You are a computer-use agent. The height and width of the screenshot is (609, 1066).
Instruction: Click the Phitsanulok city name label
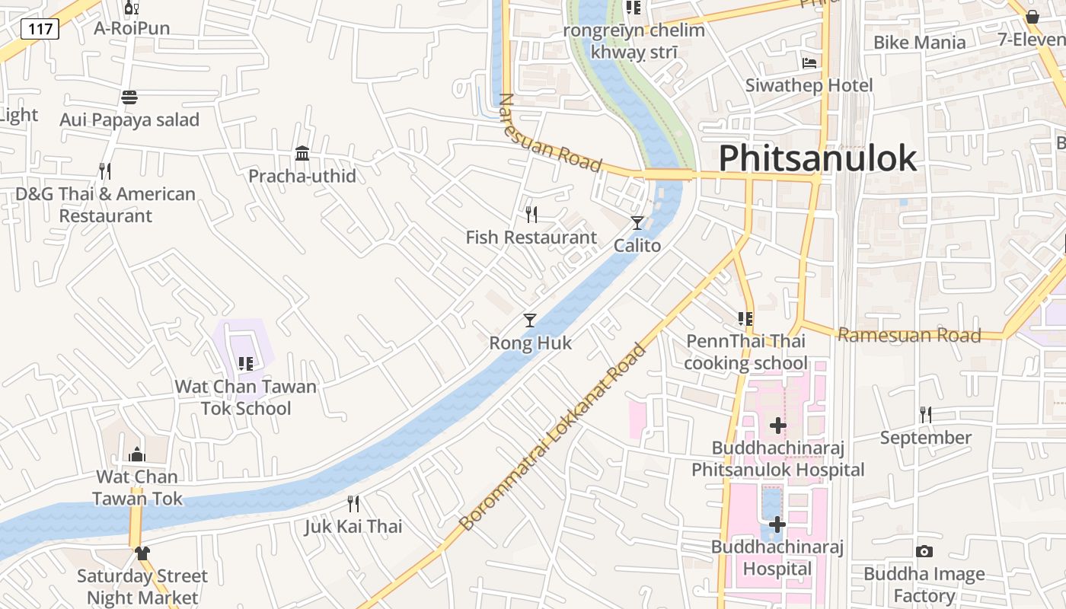[x=818, y=158]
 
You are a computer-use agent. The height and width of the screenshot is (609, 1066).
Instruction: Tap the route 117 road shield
[x=40, y=30]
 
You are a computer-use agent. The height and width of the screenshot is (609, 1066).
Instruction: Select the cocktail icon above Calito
[x=637, y=223]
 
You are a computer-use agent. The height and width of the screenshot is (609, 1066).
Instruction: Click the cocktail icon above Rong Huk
[x=530, y=320]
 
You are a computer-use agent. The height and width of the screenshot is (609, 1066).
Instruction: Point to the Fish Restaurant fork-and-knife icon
[x=531, y=215]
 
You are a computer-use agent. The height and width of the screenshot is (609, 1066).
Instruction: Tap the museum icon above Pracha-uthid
[x=302, y=154]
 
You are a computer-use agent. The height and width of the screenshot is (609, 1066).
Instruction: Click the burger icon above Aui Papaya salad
[x=129, y=97]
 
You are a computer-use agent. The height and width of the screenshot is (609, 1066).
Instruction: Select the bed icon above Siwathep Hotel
[x=809, y=63]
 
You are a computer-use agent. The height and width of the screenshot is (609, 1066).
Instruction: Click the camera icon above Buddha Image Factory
[x=924, y=551]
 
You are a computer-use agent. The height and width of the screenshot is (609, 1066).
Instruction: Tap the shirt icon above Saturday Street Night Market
[x=142, y=553]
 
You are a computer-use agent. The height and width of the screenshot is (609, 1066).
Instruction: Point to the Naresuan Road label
[x=549, y=134]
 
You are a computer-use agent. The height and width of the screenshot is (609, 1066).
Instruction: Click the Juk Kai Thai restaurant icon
[x=353, y=504]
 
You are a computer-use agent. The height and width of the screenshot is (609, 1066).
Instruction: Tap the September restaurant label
[x=926, y=438]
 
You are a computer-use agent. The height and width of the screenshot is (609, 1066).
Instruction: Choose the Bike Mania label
[x=920, y=43]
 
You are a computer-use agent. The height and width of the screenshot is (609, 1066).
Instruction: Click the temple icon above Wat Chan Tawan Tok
[x=137, y=454]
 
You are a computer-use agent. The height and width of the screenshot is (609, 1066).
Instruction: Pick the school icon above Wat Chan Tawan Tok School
[x=245, y=364]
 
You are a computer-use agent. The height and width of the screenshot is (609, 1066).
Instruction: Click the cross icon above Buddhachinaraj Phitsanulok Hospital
[x=777, y=426]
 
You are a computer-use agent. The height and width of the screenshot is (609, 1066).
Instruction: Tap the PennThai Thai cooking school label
[x=745, y=352]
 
